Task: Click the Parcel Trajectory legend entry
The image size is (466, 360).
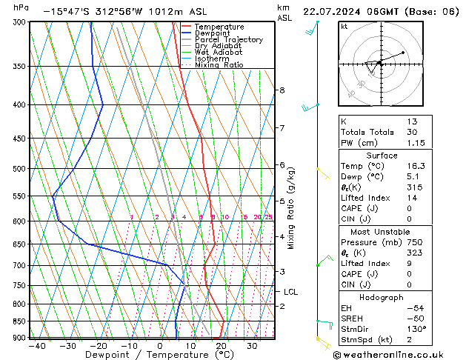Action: click(x=228, y=39)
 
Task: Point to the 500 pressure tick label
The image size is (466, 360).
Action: click(x=18, y=168)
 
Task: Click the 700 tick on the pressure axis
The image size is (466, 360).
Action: click(x=18, y=265)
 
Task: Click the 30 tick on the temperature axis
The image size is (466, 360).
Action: click(x=253, y=346)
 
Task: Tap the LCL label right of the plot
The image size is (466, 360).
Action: click(x=290, y=292)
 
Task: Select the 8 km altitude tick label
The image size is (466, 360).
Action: click(x=282, y=90)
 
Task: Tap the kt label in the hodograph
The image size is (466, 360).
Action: click(x=344, y=26)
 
